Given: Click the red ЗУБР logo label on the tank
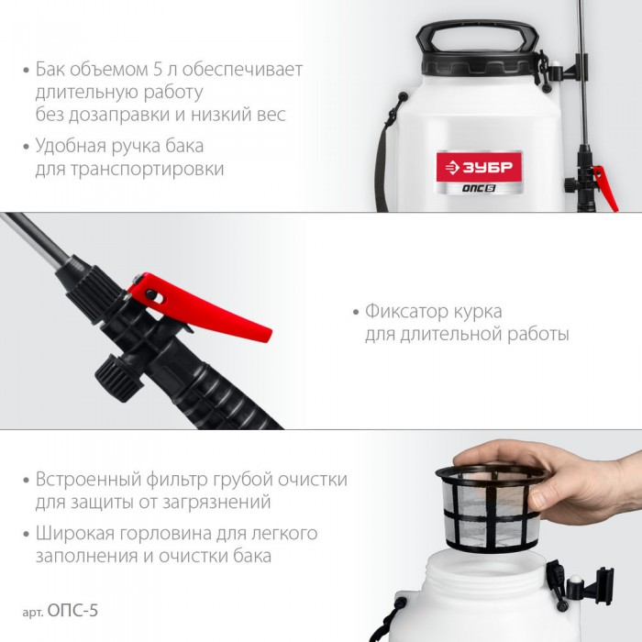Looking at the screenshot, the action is tap(479, 166).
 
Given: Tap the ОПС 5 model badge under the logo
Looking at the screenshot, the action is tap(479, 188).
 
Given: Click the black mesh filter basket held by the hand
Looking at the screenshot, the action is tap(490, 508).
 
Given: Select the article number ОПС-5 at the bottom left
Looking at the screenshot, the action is tap(72, 611).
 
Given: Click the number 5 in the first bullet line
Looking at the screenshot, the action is tap(158, 69).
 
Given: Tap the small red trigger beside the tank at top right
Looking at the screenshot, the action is tap(605, 187).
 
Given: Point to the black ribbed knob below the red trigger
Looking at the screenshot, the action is tap(119, 378).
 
